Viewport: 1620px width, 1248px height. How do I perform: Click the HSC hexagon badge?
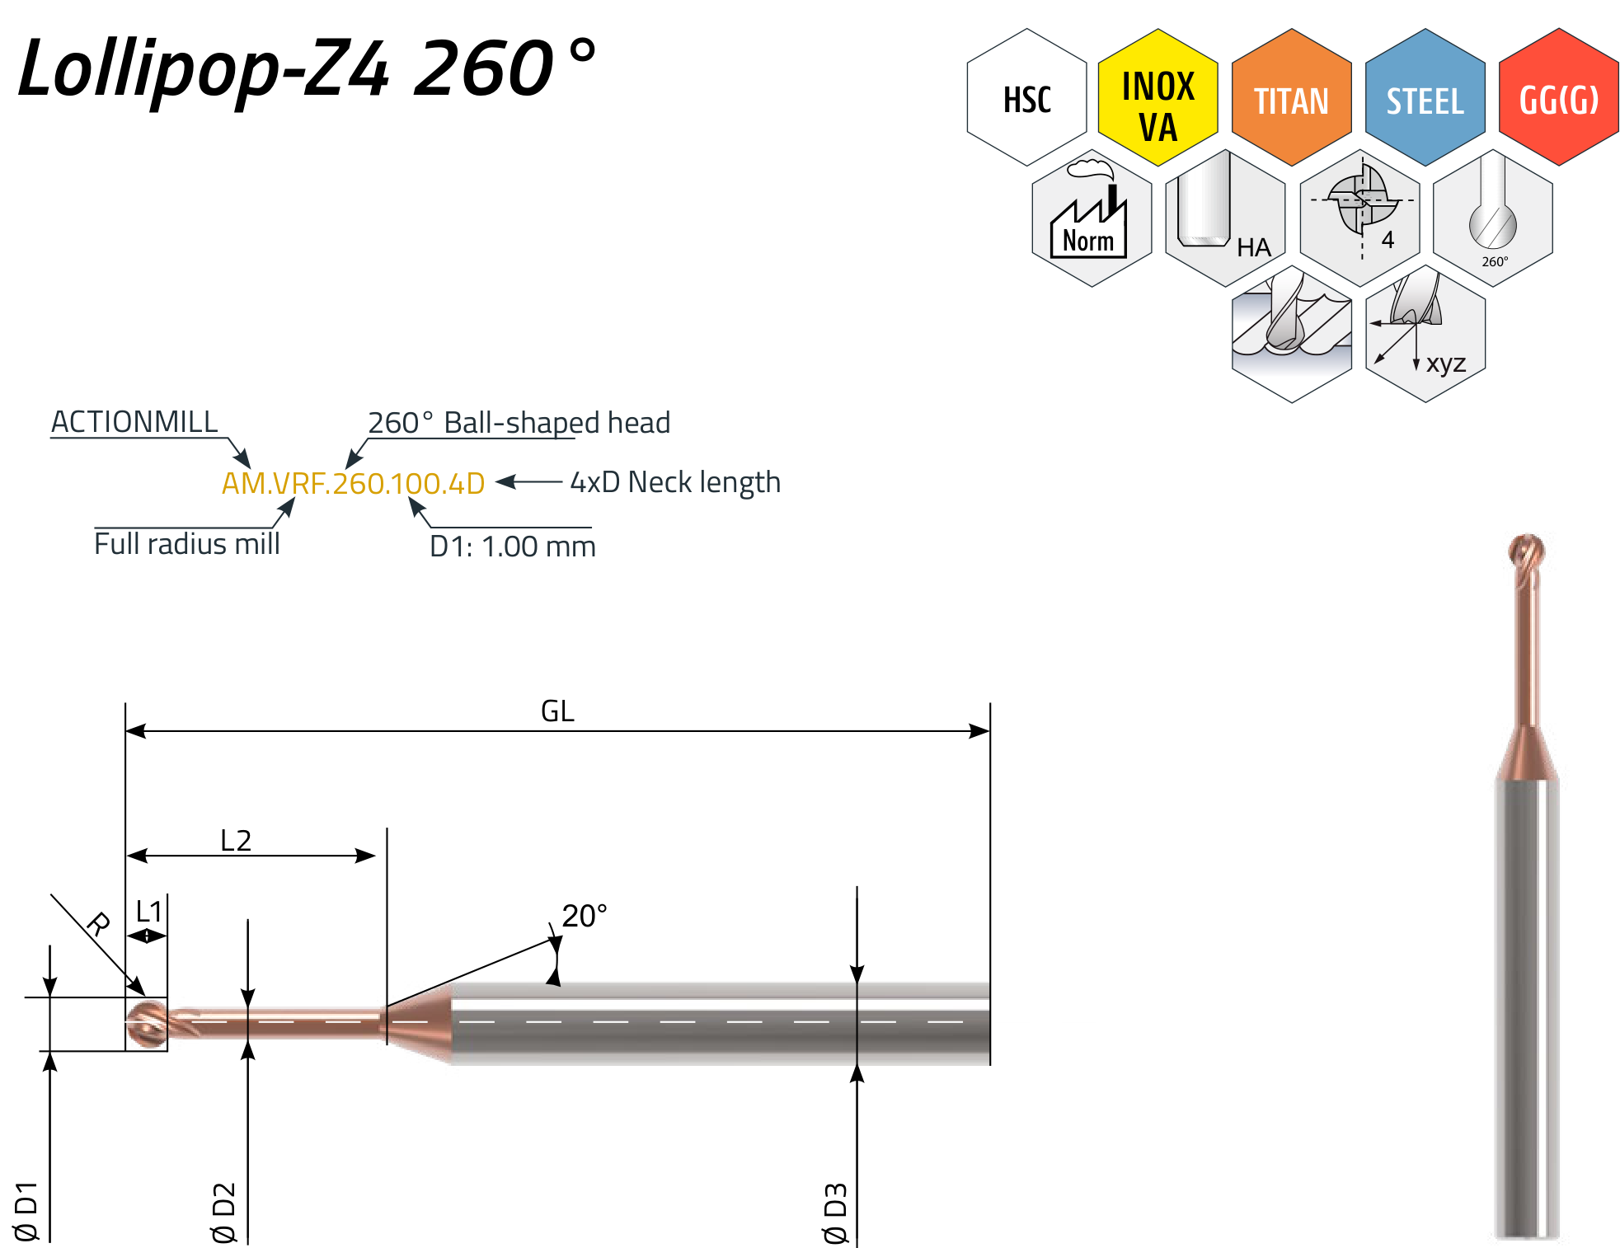pos(1026,97)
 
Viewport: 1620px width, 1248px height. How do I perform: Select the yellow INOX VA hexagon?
pos(1158,97)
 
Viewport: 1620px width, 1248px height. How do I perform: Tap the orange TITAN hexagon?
pos(1292,97)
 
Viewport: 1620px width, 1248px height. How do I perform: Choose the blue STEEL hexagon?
pos(1425,97)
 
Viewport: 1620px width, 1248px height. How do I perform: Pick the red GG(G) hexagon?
pos(1559,97)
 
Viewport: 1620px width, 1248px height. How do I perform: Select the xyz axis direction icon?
pos(1425,334)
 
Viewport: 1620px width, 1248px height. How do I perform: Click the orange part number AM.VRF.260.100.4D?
pos(353,484)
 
